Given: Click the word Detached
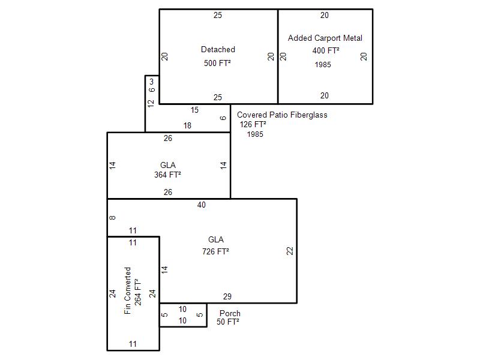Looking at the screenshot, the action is (218, 49).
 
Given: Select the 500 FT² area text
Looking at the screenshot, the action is (217, 63).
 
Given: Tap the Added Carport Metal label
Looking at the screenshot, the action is (325, 38).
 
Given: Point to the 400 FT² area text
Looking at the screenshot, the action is (326, 50).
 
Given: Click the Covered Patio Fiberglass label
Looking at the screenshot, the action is (282, 115).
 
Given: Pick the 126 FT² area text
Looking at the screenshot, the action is (253, 124).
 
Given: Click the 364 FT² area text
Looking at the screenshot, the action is (167, 175).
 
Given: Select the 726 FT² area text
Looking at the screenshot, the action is (215, 251).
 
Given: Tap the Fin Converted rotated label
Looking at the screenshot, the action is (127, 291).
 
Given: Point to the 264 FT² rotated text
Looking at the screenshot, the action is (138, 292).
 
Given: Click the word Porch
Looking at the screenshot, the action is (230, 313).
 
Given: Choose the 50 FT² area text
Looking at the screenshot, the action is (228, 322).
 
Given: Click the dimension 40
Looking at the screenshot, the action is (202, 205).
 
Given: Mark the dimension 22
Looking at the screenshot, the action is (290, 251).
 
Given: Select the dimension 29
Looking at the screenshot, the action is (227, 296).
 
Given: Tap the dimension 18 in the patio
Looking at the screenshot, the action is (187, 125).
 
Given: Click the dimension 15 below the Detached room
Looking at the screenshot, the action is (194, 110).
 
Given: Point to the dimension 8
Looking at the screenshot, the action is (112, 218).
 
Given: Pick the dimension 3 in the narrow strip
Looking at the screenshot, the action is (152, 82).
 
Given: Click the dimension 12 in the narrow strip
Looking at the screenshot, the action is (151, 103).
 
